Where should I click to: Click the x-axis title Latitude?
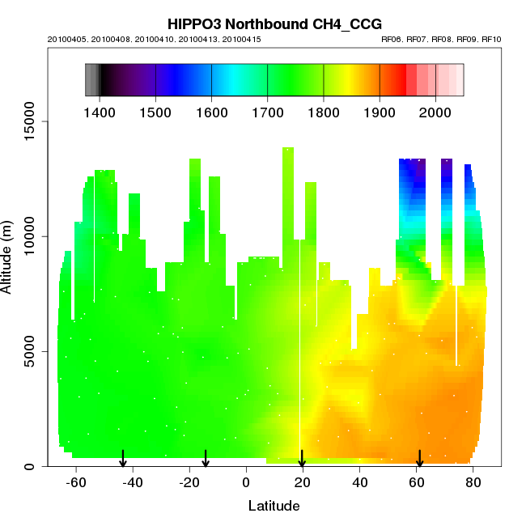(274, 506)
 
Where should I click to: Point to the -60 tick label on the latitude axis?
(76, 482)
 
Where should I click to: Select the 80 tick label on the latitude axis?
(473, 482)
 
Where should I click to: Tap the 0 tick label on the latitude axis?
(246, 482)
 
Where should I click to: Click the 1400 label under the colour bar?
(100, 110)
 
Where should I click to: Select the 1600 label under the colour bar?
(211, 110)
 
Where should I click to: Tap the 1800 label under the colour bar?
(324, 110)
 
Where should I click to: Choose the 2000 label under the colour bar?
(435, 110)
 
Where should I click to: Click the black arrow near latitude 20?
(302, 458)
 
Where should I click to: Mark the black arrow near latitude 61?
(419, 458)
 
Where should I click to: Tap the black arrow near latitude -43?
(123, 458)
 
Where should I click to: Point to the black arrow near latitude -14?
(206, 458)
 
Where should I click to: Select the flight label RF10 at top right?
(491, 39)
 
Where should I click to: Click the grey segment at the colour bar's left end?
(91, 80)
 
